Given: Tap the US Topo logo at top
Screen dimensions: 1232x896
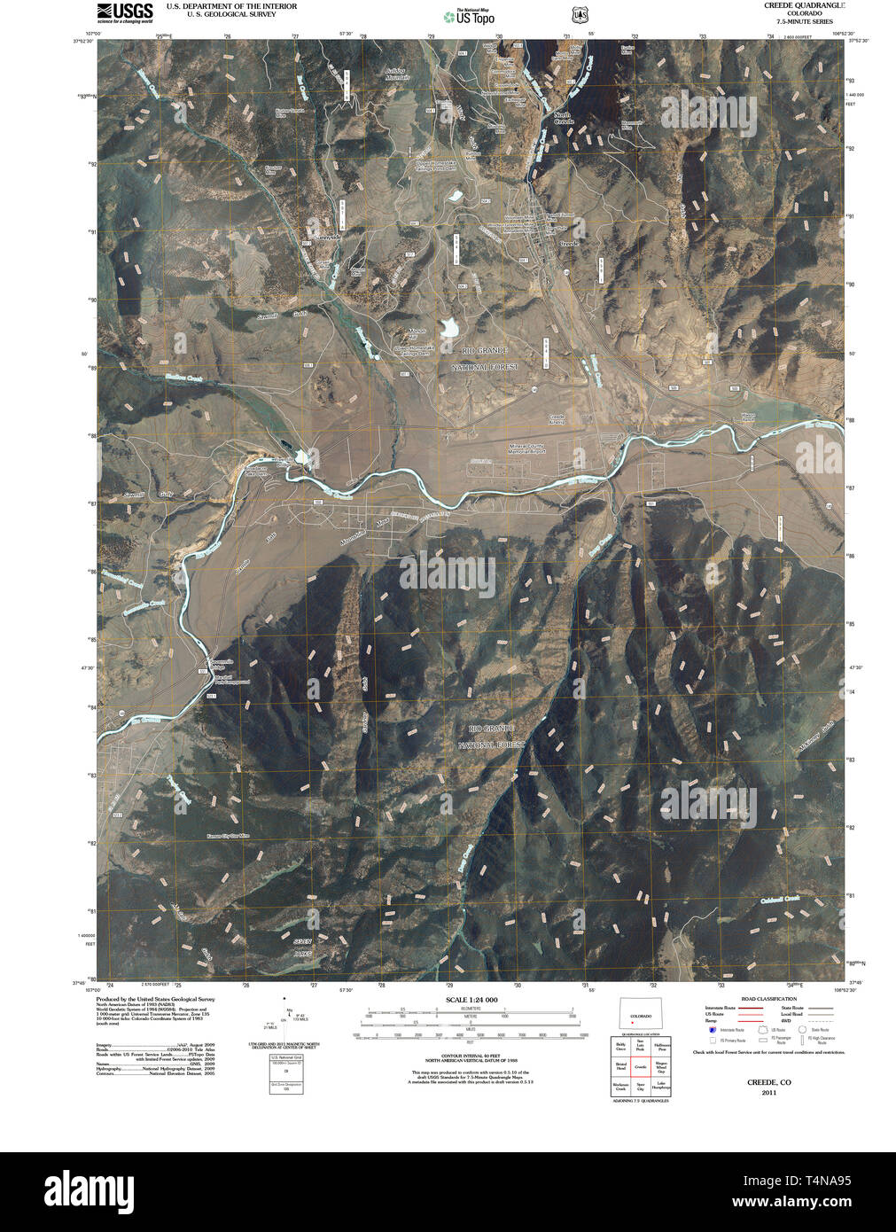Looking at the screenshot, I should (x=470, y=15).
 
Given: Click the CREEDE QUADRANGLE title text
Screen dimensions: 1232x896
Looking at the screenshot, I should (x=804, y=5).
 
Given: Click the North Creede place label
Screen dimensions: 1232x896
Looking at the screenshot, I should (x=564, y=117).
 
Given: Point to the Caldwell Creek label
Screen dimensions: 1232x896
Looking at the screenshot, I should (x=780, y=901).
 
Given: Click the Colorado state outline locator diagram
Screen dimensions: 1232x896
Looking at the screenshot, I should (x=640, y=1016).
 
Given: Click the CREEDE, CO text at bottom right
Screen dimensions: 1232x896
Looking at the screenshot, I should (x=768, y=1082).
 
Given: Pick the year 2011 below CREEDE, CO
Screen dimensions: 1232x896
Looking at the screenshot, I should (x=768, y=1092).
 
